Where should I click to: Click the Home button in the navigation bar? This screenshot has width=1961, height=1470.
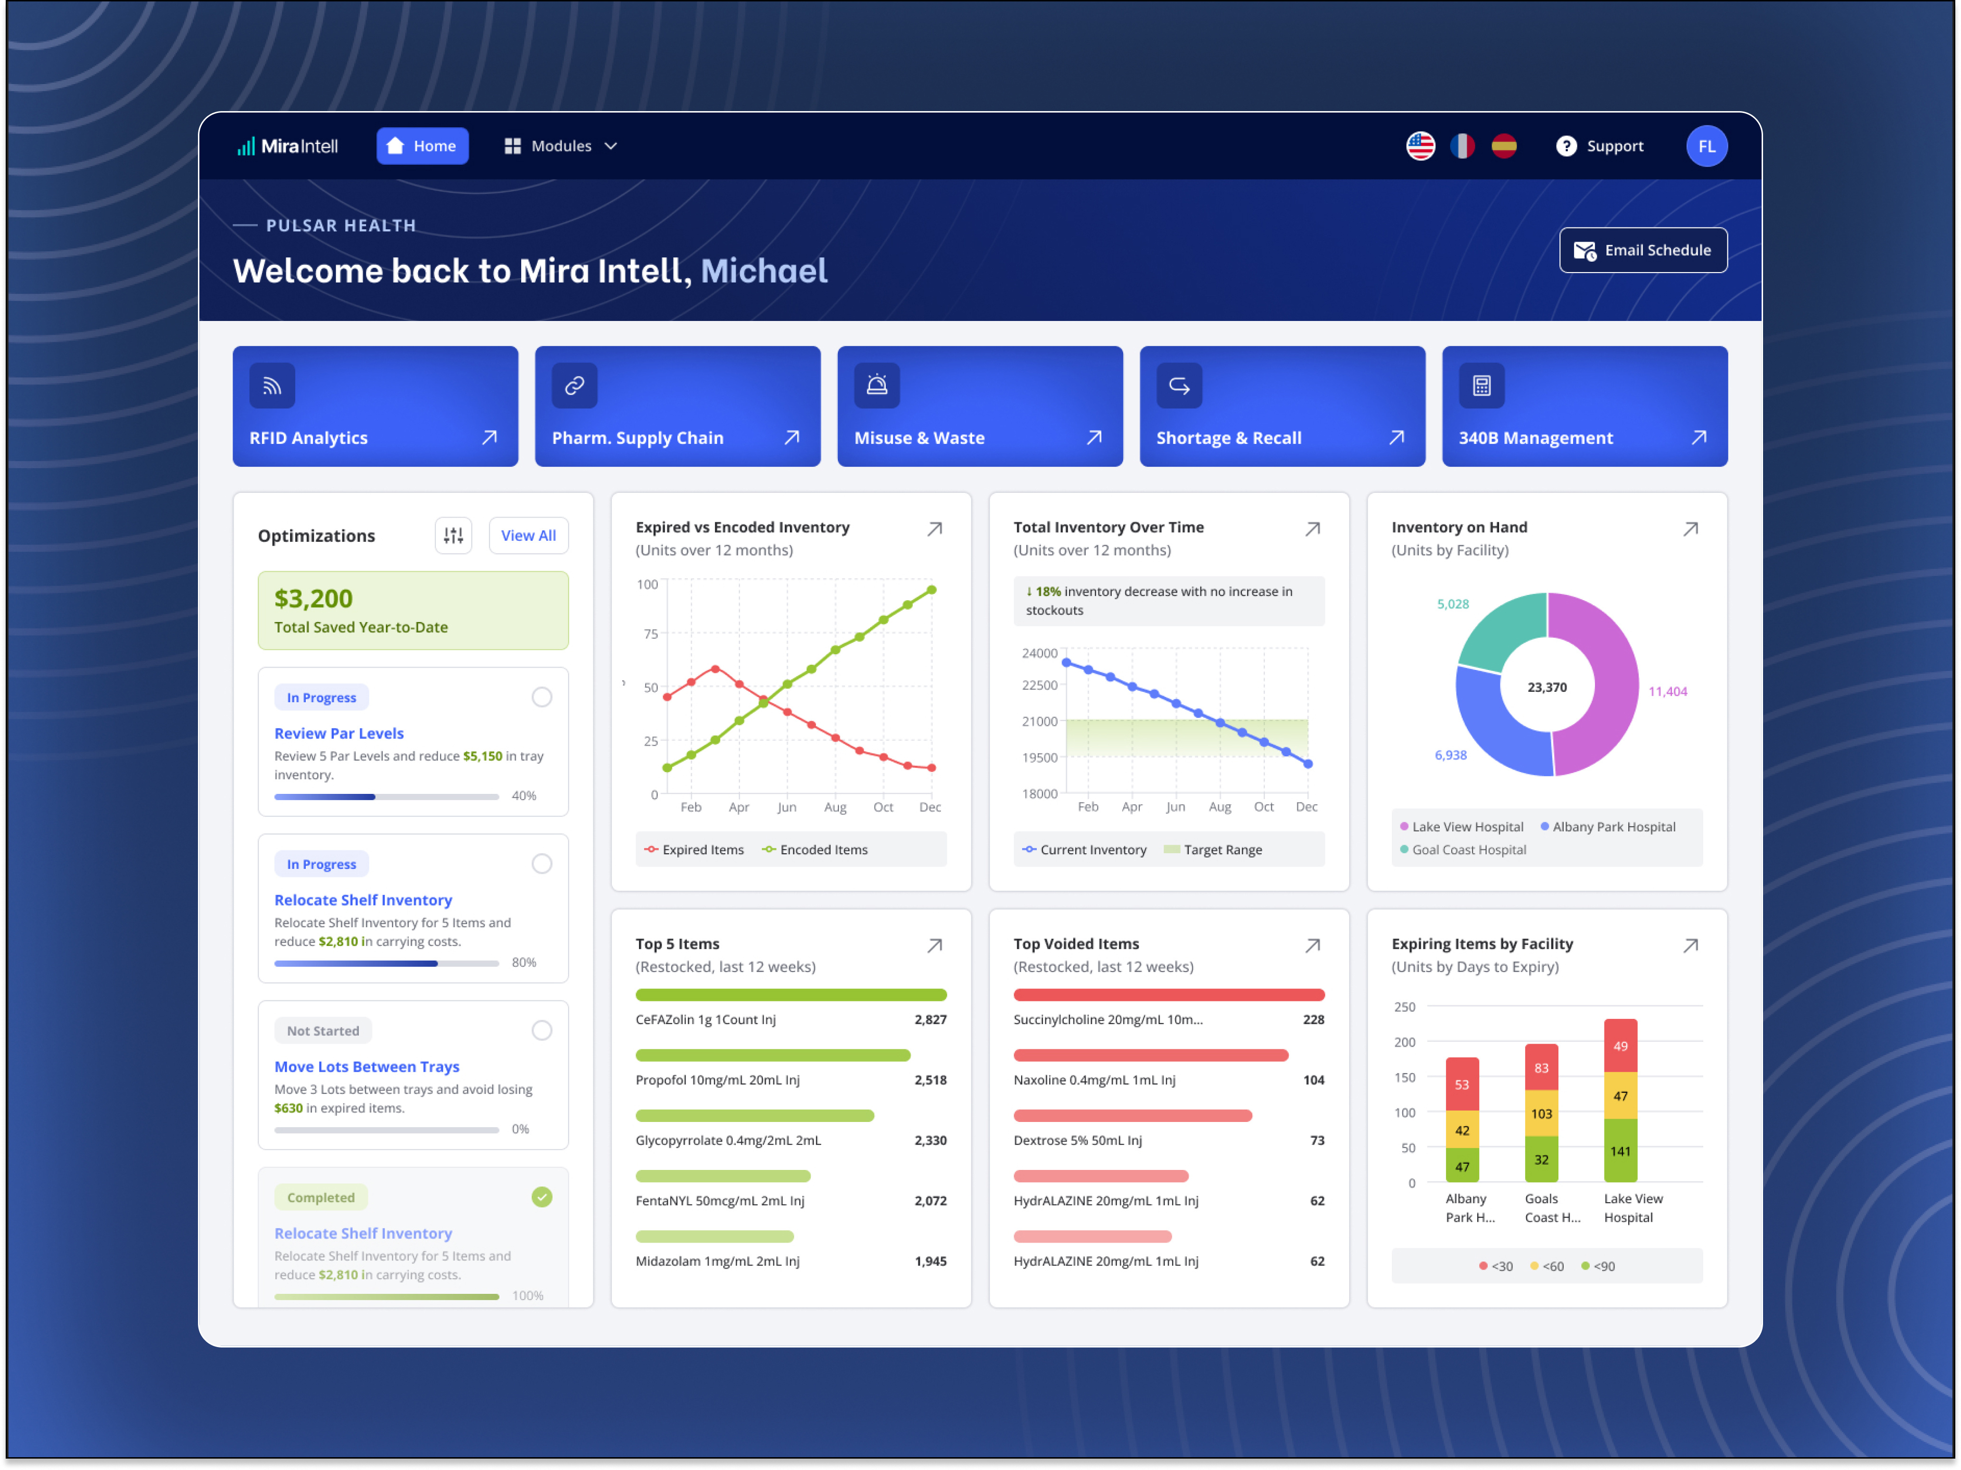pyautogui.click(x=422, y=146)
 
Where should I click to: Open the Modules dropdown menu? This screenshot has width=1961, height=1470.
pyautogui.click(x=560, y=146)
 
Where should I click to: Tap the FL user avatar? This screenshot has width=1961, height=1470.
pyautogui.click(x=1706, y=146)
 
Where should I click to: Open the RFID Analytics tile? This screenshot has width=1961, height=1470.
pyautogui.click(x=375, y=406)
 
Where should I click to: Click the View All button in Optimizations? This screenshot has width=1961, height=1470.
pyautogui.click(x=528, y=536)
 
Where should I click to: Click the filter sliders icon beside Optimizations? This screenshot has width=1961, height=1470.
pyautogui.click(x=453, y=536)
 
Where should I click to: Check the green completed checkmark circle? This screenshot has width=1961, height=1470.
pyautogui.click(x=542, y=1197)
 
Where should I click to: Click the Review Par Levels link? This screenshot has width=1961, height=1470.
pyautogui.click(x=338, y=733)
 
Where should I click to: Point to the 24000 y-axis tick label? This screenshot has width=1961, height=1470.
pyautogui.click(x=1039, y=653)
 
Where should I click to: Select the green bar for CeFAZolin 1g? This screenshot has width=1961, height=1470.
pyautogui.click(x=791, y=995)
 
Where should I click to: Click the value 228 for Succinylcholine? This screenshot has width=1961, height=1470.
pyautogui.click(x=1313, y=1019)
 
